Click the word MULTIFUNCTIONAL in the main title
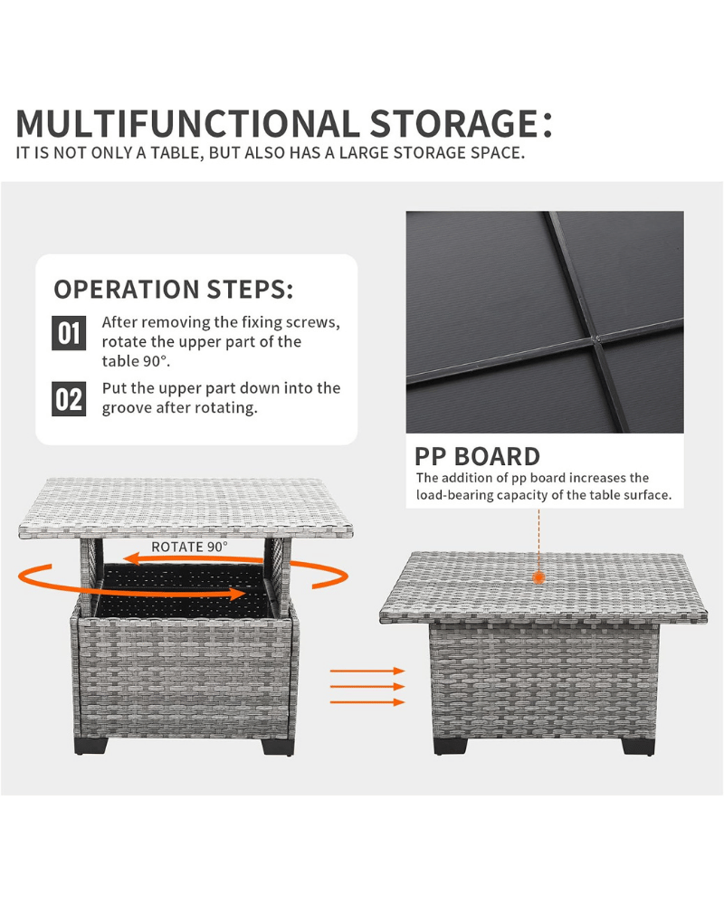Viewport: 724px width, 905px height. pyautogui.click(x=187, y=123)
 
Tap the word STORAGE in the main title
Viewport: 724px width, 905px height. pyautogui.click(x=454, y=123)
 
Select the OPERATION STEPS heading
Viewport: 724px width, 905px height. pyautogui.click(x=174, y=290)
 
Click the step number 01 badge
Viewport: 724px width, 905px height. pyautogui.click(x=69, y=333)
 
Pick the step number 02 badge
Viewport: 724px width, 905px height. pyautogui.click(x=69, y=399)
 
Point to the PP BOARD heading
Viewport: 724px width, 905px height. pyautogui.click(x=478, y=456)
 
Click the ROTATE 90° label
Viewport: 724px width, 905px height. pyautogui.click(x=189, y=547)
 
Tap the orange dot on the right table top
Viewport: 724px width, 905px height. pyautogui.click(x=538, y=577)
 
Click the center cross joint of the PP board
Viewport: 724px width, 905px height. pyautogui.click(x=598, y=338)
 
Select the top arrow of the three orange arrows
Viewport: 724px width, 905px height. pyautogui.click(x=367, y=671)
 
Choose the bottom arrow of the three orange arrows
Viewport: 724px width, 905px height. pyautogui.click(x=367, y=702)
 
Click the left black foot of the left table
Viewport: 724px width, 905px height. pyautogui.click(x=90, y=745)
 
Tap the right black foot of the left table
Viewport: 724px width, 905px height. pyautogui.click(x=278, y=745)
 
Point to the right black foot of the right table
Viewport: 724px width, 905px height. pyautogui.click(x=638, y=745)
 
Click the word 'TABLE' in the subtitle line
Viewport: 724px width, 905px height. pyautogui.click(x=176, y=153)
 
